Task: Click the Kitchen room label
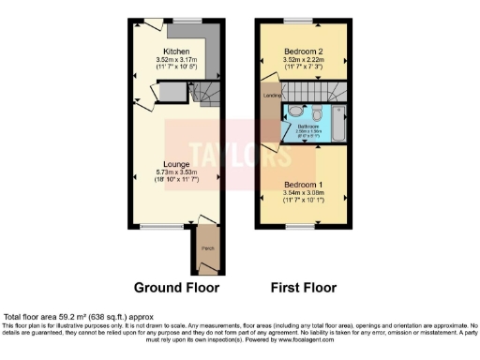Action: point(176,51)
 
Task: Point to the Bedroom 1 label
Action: point(305,184)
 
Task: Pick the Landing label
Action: point(271,94)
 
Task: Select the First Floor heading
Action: point(303,288)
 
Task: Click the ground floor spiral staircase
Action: point(204,91)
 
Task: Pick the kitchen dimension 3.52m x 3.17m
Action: point(176,60)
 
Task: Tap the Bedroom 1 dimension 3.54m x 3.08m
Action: point(305,193)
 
